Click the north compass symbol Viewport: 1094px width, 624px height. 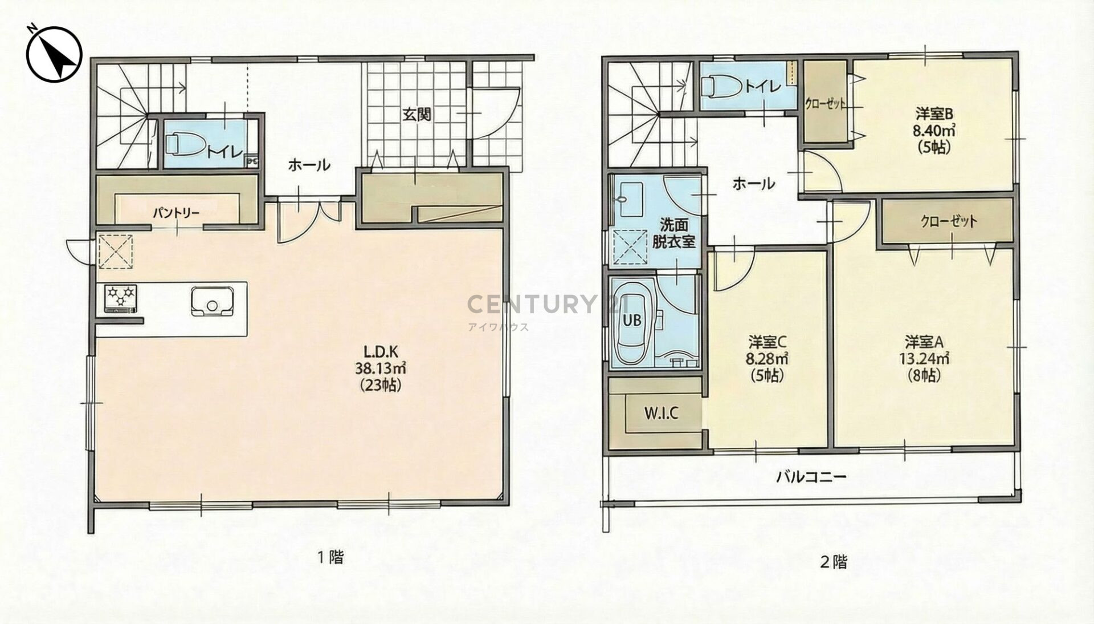tap(55, 54)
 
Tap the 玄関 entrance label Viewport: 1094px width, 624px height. tap(417, 114)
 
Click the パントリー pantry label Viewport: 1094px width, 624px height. tap(175, 213)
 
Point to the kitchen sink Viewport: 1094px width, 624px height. tap(212, 301)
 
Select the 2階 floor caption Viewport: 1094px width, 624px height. tap(833, 562)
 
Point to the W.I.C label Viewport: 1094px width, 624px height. tap(661, 412)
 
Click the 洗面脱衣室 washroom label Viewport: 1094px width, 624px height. tap(674, 233)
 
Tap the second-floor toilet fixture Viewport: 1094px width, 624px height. tap(720, 87)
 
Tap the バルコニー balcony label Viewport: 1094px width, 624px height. tap(811, 477)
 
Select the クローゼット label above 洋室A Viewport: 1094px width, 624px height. tap(949, 221)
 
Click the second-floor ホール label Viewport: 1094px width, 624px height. tap(753, 184)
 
